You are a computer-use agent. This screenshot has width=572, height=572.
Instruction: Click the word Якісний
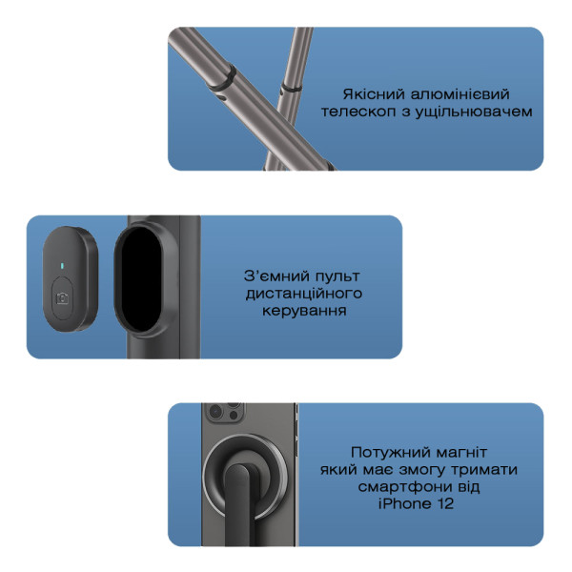click(374, 94)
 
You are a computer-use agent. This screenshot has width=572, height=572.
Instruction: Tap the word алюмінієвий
click(460, 94)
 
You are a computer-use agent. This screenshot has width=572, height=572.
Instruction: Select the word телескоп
click(358, 112)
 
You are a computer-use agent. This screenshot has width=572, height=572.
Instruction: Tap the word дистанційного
click(304, 294)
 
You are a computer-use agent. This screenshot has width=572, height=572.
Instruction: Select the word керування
click(304, 311)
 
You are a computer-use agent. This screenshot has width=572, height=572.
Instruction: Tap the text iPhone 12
click(416, 503)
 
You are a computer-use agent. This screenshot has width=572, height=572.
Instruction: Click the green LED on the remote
click(62, 265)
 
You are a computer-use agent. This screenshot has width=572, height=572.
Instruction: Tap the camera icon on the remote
click(63, 298)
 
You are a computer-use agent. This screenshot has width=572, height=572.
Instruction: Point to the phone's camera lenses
click(223, 412)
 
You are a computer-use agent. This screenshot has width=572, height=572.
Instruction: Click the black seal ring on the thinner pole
click(292, 88)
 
